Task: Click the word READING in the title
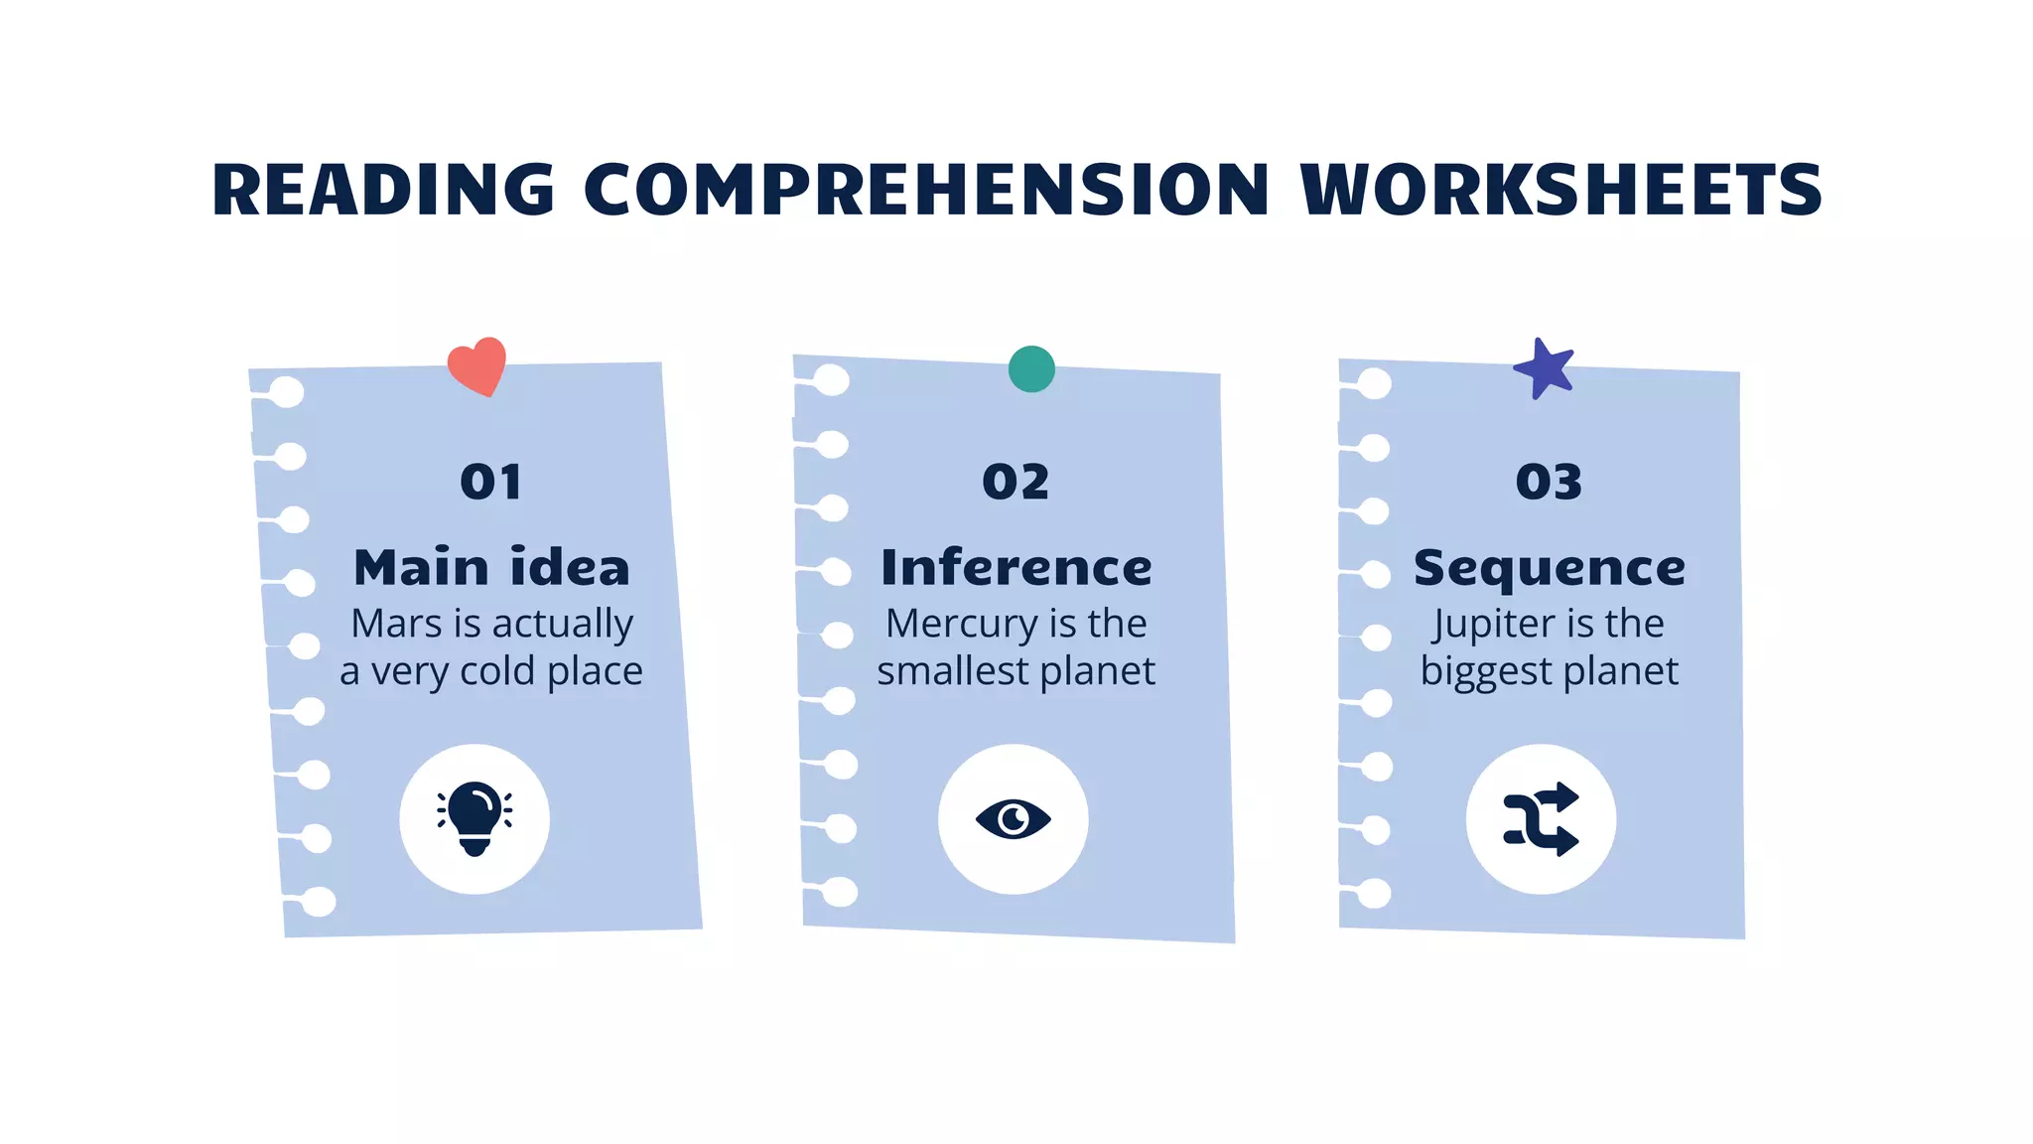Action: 383,190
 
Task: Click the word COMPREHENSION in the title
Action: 926,190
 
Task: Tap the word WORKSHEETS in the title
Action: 1560,190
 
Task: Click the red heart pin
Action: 477,365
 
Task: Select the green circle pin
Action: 1031,369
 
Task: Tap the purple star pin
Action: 1545,368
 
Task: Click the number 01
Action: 490,483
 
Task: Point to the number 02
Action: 1016,483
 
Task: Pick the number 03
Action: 1549,483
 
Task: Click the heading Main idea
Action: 491,568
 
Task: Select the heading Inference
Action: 1016,568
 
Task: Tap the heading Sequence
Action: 1549,568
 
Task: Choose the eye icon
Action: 1014,819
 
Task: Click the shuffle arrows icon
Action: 1541,819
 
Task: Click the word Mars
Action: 396,624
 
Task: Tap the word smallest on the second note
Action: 952,671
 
